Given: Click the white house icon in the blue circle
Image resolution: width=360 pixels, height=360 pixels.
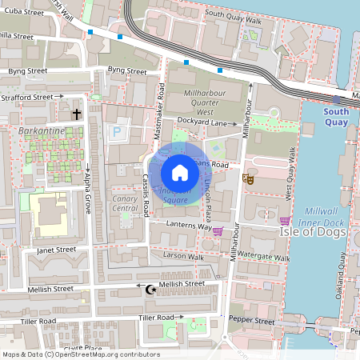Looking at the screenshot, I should [x=180, y=172].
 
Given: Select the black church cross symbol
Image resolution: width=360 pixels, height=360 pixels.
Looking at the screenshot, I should [x=77, y=114].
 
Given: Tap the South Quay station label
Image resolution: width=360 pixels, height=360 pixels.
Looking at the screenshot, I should [x=336, y=117].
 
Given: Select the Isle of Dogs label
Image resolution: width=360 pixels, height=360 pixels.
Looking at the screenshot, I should [x=312, y=232].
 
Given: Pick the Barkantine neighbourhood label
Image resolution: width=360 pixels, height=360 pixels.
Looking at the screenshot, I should [x=38, y=129].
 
